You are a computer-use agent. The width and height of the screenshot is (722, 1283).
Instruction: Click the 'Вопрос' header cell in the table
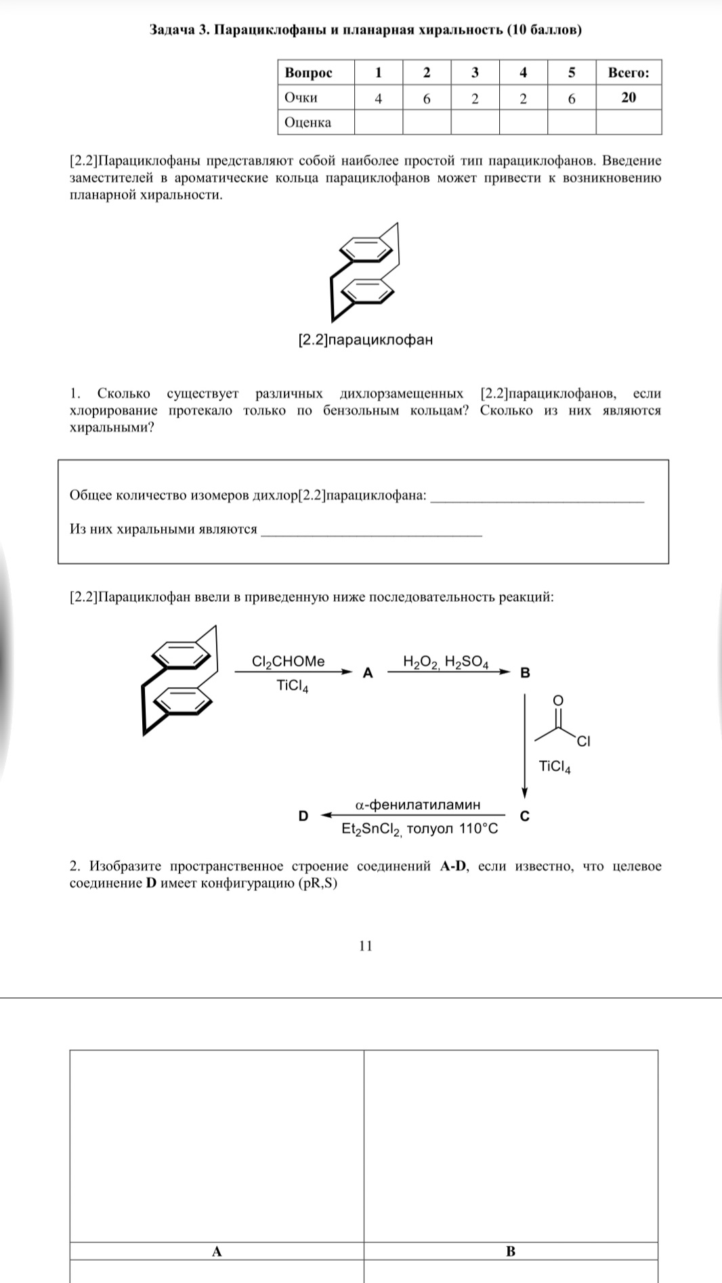pyautogui.click(x=309, y=72)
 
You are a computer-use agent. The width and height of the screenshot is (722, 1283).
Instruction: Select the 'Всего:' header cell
pyautogui.click(x=628, y=72)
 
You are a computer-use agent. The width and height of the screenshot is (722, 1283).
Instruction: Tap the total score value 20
pyautogui.click(x=629, y=97)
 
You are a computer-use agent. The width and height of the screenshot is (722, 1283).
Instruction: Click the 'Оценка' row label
pyautogui.click(x=308, y=123)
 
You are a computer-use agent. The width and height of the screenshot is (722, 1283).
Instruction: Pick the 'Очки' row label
pyautogui.click(x=301, y=97)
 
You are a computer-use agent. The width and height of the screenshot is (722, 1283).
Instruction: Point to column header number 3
pyautogui.click(x=475, y=72)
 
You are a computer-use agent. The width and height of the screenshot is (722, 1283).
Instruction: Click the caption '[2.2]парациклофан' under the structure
pyautogui.click(x=366, y=340)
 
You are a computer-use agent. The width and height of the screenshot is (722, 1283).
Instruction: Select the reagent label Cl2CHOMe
pyautogui.click(x=288, y=661)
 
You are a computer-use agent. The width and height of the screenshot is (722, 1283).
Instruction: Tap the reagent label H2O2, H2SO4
pyautogui.click(x=446, y=661)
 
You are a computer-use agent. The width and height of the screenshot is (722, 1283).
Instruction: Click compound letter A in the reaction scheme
pyautogui.click(x=368, y=673)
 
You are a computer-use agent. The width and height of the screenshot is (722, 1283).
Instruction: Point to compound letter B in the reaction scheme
pyautogui.click(x=525, y=673)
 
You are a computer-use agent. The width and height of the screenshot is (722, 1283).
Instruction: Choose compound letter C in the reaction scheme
pyautogui.click(x=524, y=817)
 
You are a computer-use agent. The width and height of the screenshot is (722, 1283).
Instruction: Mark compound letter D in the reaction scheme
pyautogui.click(x=303, y=817)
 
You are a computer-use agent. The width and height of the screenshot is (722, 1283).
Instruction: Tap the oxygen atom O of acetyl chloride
pyautogui.click(x=557, y=699)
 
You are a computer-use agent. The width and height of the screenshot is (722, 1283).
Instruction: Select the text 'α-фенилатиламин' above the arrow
pyautogui.click(x=418, y=804)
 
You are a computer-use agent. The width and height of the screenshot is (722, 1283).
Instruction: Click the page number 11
pyautogui.click(x=366, y=946)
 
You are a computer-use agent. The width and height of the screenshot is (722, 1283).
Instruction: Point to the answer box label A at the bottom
pyautogui.click(x=217, y=1252)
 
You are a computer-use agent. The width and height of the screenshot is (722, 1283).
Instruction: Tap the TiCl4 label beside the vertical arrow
pyautogui.click(x=555, y=766)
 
